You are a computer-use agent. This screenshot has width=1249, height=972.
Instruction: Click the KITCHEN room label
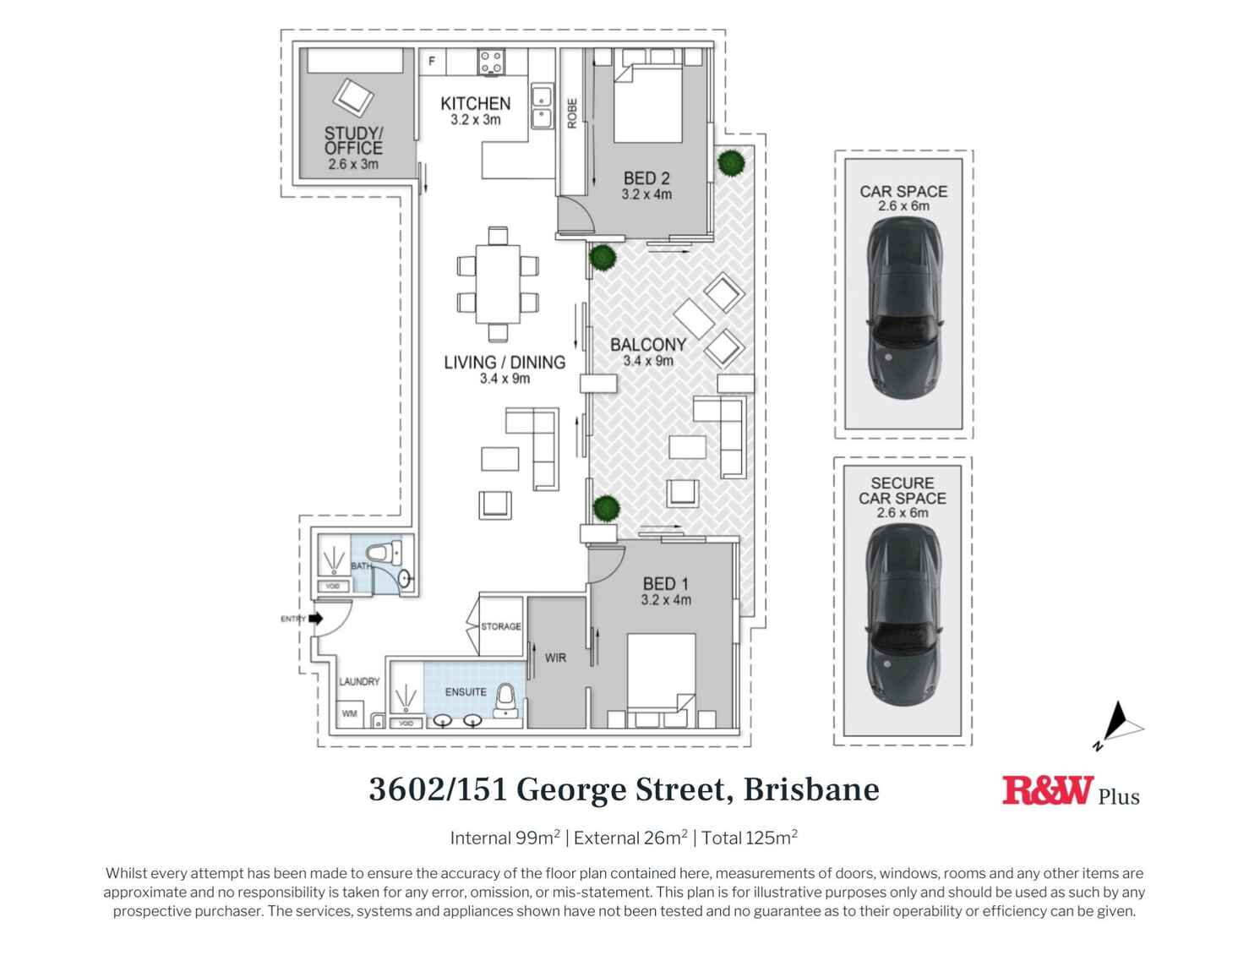475,104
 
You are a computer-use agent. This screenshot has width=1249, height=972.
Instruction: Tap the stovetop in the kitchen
491,62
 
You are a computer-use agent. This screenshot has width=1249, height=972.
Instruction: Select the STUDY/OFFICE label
353,140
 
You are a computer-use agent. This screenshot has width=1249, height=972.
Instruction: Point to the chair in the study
353,98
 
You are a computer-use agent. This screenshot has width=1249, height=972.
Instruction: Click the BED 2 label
646,178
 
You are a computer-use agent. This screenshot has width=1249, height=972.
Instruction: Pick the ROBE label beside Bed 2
572,113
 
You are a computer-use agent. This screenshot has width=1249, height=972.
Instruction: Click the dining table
498,283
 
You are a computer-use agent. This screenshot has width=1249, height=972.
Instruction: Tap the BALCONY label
648,345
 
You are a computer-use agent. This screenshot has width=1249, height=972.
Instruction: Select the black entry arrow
316,619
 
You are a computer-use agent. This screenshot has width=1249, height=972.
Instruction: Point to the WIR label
555,658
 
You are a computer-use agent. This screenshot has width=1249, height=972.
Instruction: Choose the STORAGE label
501,626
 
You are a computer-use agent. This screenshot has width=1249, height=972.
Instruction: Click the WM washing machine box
350,713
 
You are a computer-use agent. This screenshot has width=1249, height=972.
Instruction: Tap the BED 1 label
666,583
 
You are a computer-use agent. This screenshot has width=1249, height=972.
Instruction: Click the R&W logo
1048,791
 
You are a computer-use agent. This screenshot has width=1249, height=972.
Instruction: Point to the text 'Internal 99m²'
505,838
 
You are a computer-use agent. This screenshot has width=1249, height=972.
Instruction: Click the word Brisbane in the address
811,789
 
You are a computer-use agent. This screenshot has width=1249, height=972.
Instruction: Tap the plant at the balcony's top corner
731,161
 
